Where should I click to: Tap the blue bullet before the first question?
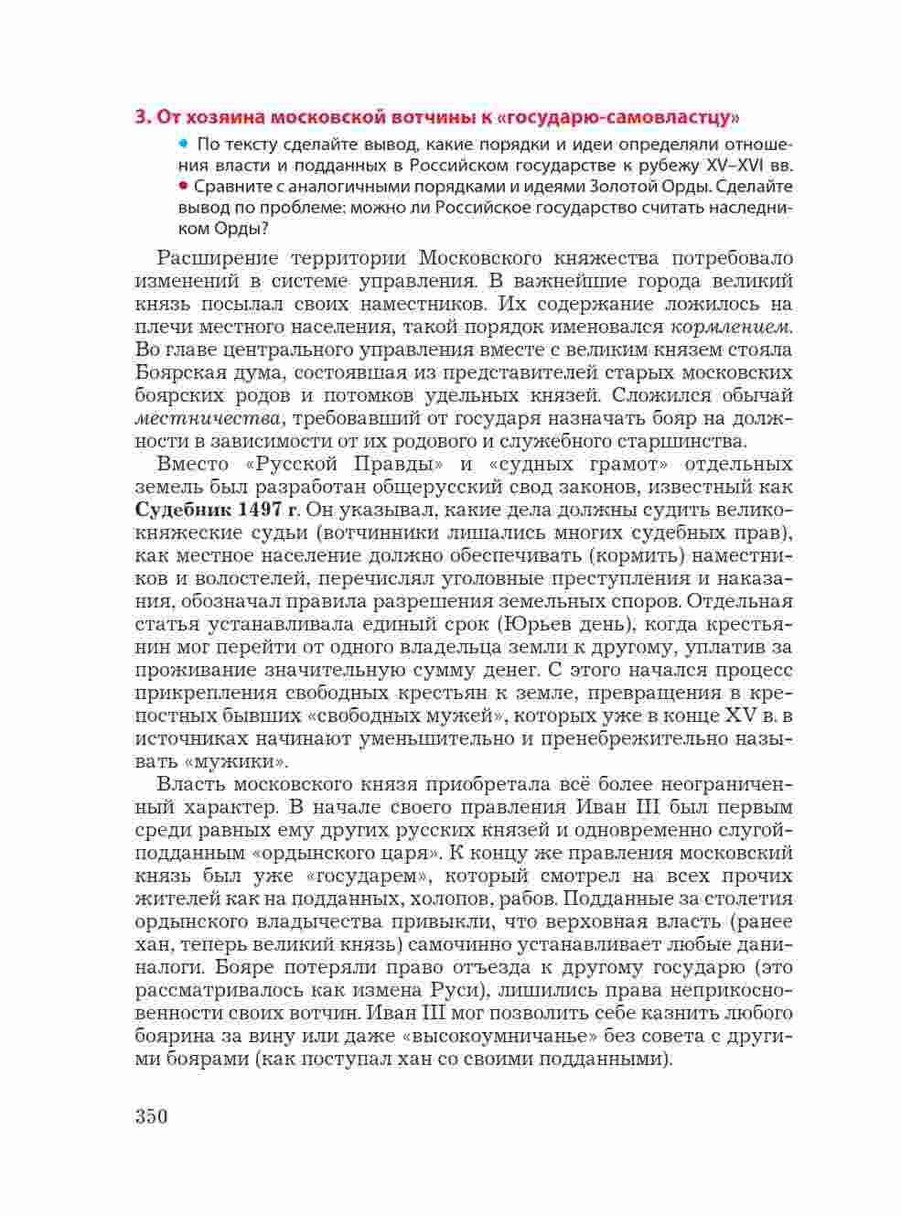point(184,144)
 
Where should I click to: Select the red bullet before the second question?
point(184,187)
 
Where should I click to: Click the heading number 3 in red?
point(141,117)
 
